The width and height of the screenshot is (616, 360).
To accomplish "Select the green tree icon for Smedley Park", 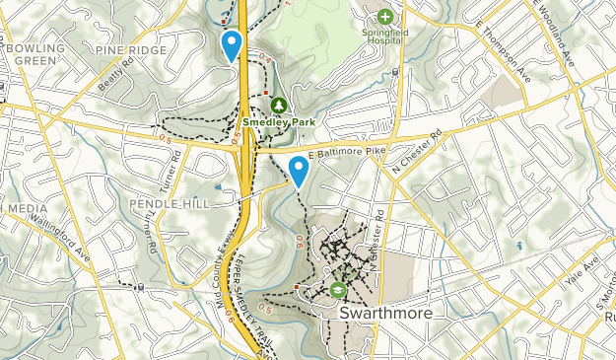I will (278, 105).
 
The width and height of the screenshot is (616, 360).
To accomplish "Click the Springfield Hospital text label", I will (384, 37).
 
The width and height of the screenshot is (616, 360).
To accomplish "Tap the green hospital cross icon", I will (384, 16).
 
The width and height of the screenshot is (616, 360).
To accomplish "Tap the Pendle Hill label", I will (175, 203).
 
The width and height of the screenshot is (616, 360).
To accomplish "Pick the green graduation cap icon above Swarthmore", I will (338, 290).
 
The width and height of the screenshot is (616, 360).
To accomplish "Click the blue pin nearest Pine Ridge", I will (232, 45).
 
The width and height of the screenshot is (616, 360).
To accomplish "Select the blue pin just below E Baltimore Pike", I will (298, 171).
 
